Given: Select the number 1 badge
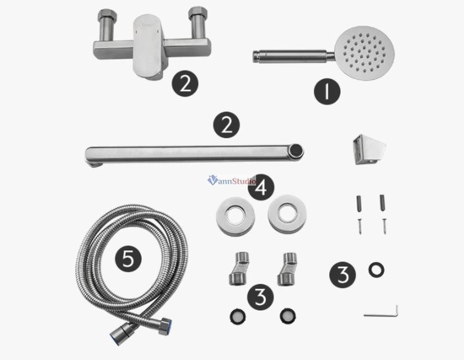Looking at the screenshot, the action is [x=327, y=91].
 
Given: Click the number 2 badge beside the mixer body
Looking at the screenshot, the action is [x=185, y=83].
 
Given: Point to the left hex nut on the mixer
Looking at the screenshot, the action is [x=107, y=16].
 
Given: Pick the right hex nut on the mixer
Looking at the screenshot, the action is [x=198, y=14].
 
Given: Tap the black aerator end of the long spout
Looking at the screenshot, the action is [x=297, y=150].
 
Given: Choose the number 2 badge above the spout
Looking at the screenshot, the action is [x=226, y=125].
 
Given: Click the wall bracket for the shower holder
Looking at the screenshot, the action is [x=368, y=150].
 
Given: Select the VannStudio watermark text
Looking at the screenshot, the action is [x=231, y=180].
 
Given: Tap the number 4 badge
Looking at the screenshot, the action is [x=261, y=187].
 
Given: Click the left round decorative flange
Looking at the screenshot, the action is [x=236, y=216].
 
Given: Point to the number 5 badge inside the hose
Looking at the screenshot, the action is [x=128, y=259].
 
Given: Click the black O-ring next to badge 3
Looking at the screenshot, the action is [x=376, y=270].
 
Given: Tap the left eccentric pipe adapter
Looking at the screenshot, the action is [x=239, y=268].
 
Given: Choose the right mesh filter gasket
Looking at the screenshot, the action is [x=287, y=316].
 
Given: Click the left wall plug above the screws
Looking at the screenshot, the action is [x=359, y=203].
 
